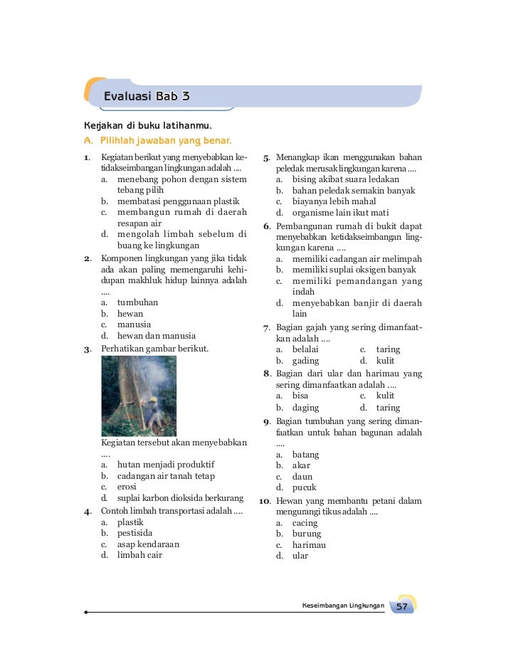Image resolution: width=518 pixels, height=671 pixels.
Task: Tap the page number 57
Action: (x=402, y=607)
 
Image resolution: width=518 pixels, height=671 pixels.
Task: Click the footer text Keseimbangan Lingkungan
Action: (x=343, y=606)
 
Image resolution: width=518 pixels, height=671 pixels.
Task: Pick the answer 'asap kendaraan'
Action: (x=148, y=544)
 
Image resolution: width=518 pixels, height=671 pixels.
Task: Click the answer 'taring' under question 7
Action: (x=388, y=349)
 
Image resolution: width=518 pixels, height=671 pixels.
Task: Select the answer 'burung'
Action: (x=307, y=534)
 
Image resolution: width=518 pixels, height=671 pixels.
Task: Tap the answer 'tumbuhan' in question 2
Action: (x=137, y=302)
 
